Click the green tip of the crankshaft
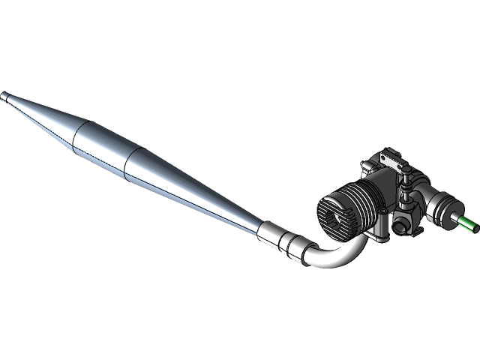(x=467, y=223)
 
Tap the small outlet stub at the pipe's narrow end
(x=7, y=96)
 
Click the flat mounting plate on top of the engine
(x=391, y=159)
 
